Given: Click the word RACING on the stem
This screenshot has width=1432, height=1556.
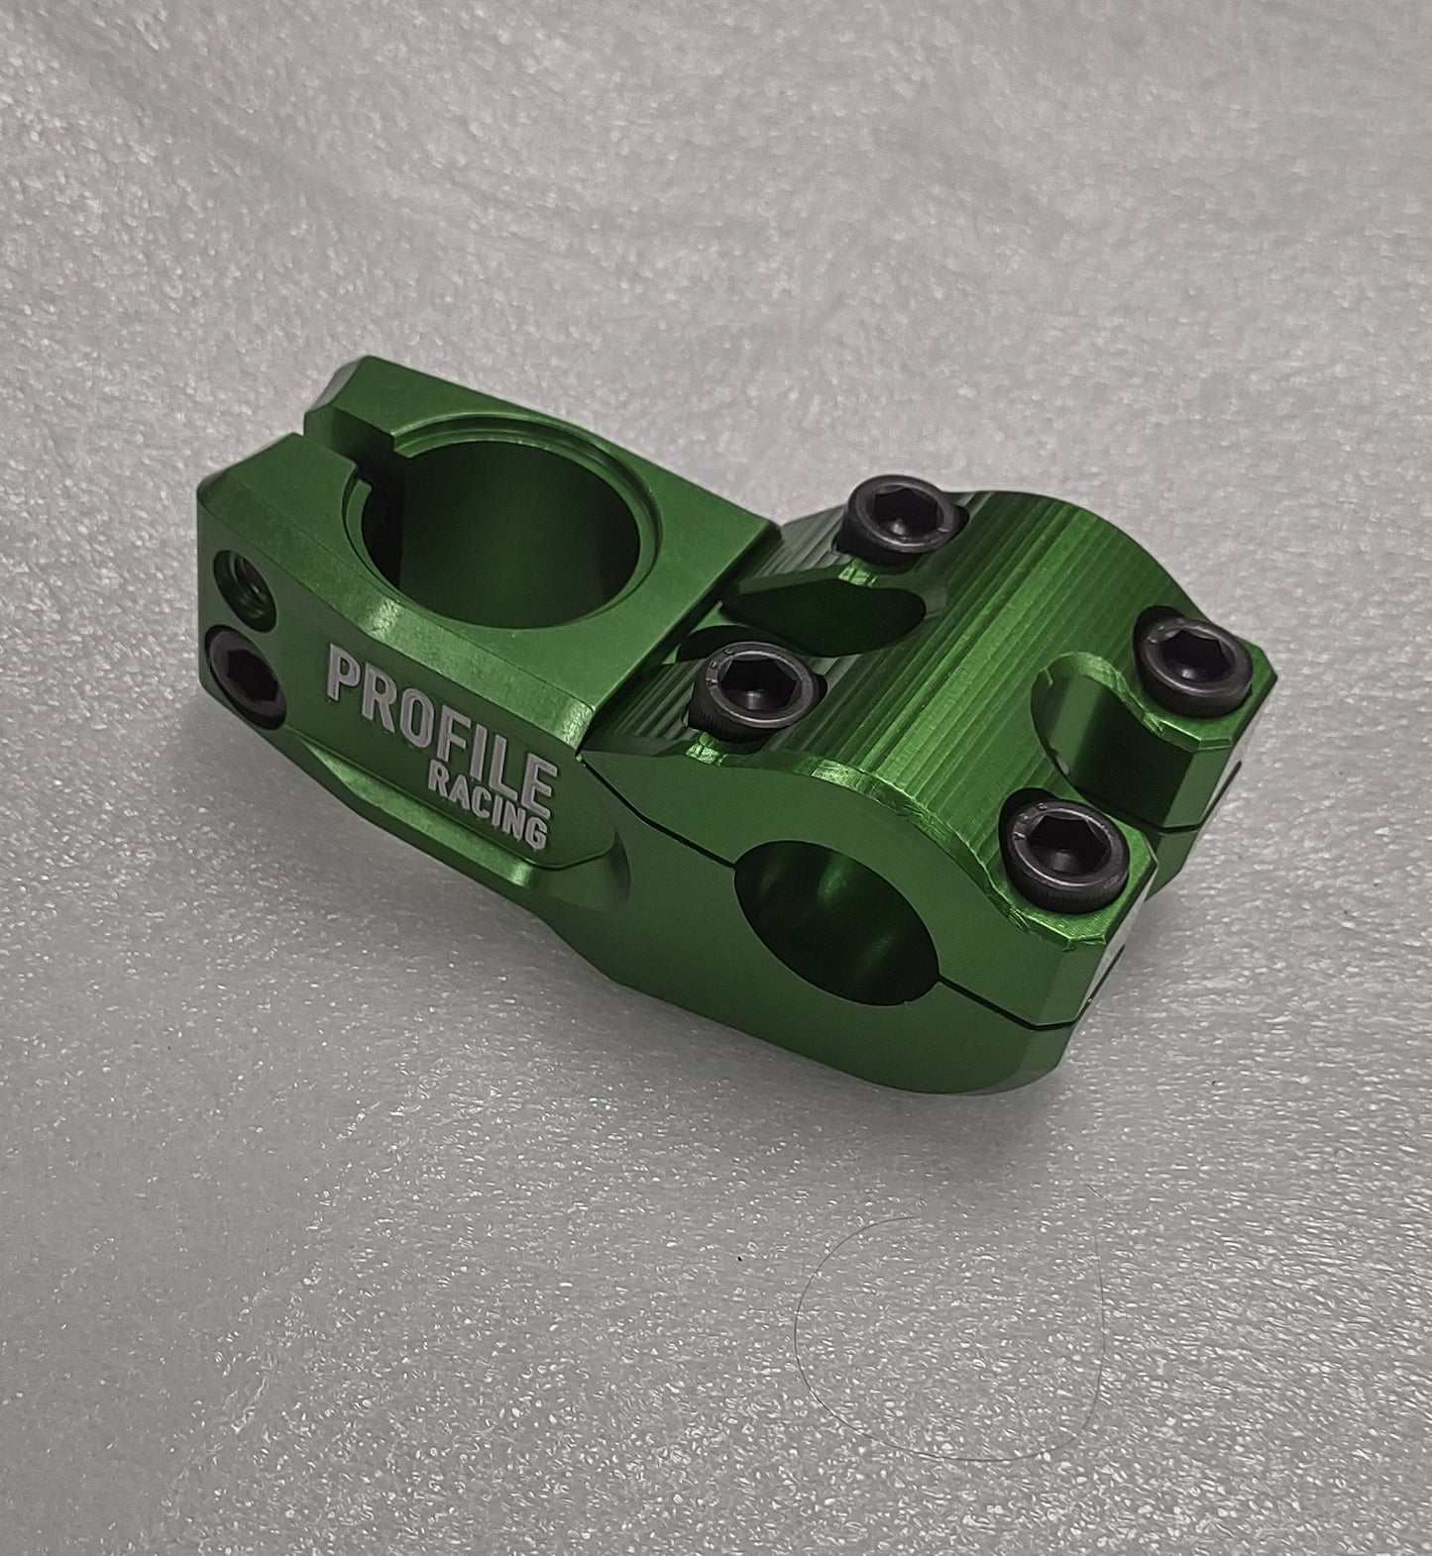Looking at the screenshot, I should point(490,803).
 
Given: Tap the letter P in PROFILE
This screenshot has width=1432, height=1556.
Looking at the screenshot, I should point(344,677).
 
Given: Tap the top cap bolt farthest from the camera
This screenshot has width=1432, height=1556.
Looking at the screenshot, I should point(909,521).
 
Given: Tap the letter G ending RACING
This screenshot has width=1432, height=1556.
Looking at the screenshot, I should point(538,829).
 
